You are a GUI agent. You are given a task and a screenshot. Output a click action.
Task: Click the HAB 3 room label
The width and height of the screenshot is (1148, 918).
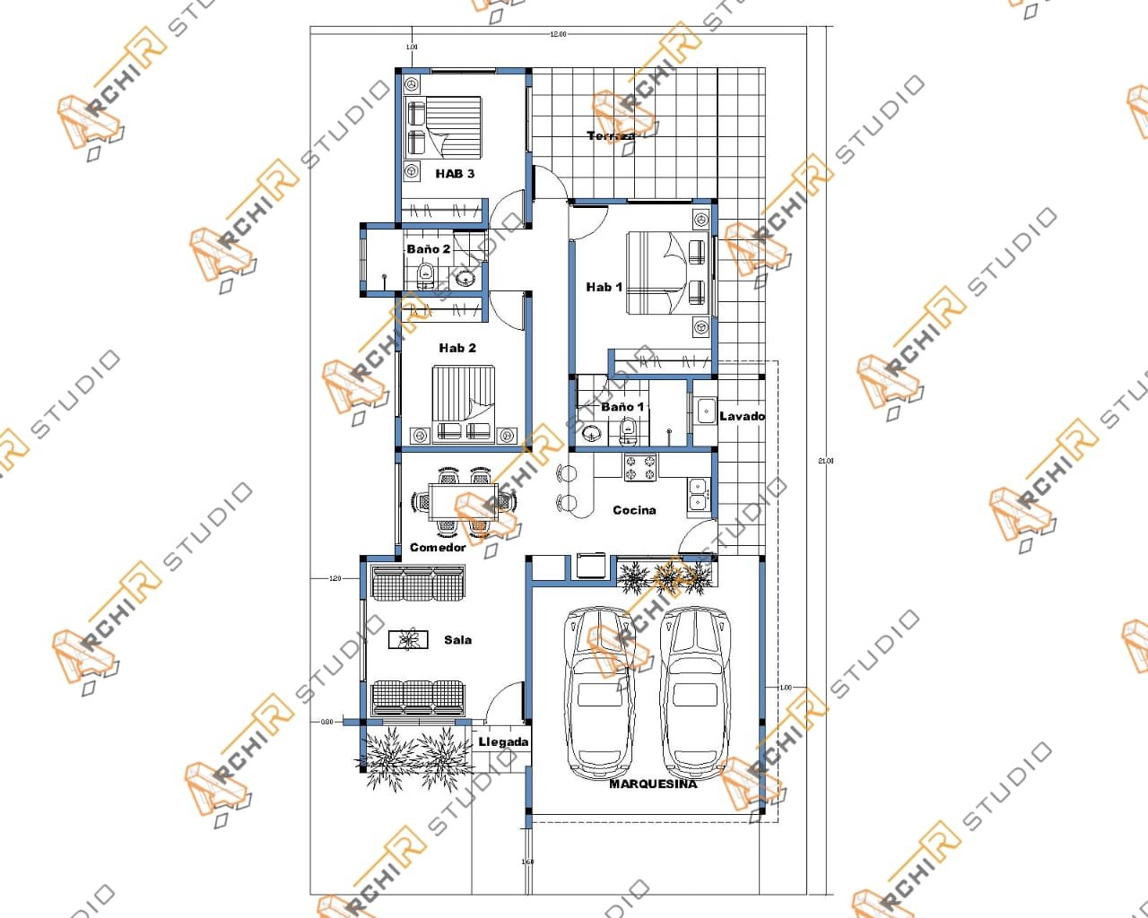(x=455, y=173)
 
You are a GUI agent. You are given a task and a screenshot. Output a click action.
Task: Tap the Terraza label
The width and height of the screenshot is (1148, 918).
(x=612, y=136)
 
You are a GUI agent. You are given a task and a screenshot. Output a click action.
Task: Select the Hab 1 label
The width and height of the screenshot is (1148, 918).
(x=604, y=287)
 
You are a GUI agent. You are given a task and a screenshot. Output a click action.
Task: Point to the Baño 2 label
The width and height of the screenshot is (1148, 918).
(x=428, y=249)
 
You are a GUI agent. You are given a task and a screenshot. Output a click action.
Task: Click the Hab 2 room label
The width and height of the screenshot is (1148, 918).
(x=457, y=348)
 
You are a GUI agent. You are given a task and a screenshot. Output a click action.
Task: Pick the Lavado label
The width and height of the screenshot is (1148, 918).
(x=742, y=416)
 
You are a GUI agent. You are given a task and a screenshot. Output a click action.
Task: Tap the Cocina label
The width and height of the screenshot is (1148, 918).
(x=634, y=510)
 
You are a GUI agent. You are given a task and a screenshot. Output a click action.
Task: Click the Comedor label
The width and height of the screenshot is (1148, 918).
(x=438, y=547)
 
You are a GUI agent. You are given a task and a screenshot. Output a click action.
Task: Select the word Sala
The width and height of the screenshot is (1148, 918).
(x=457, y=640)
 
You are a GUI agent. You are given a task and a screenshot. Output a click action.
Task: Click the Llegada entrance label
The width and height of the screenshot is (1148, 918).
(x=503, y=742)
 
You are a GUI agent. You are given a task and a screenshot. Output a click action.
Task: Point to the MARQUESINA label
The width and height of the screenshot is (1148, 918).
(x=653, y=784)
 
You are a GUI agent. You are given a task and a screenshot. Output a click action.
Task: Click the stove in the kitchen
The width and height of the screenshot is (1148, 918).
(x=640, y=466)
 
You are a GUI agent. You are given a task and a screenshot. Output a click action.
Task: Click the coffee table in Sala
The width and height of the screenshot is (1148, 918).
(x=408, y=639)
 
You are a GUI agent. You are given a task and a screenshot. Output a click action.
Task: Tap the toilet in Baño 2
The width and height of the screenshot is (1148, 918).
(x=427, y=273)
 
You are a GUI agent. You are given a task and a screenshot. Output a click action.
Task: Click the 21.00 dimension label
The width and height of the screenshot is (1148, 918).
(x=826, y=461)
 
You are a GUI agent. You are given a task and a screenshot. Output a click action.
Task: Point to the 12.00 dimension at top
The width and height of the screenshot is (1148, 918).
(x=558, y=34)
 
